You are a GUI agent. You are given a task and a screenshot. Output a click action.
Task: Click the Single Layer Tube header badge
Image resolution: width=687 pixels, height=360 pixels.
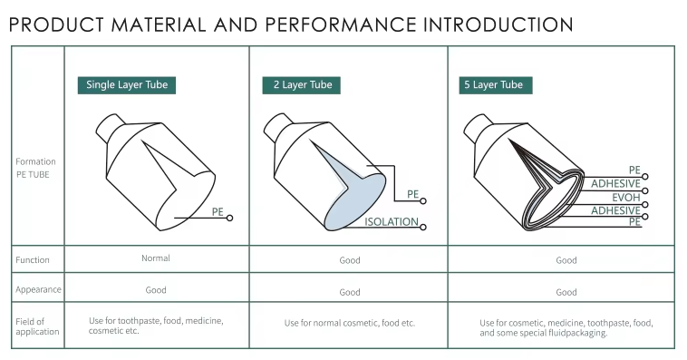tap(127, 85)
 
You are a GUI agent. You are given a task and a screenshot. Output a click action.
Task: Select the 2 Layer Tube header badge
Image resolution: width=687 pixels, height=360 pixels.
tap(302, 85)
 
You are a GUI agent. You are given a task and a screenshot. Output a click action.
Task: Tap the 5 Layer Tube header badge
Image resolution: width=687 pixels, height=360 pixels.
tap(496, 85)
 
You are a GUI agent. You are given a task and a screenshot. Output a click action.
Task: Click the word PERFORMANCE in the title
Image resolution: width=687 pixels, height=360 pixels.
tap(341, 25)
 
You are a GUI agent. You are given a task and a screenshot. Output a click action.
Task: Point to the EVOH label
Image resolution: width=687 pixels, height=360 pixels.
tap(626, 198)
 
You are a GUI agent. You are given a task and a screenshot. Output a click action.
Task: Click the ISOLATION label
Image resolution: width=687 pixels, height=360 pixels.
tap(392, 222)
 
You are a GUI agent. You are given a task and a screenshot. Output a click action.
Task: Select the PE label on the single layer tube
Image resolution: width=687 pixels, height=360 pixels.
tap(218, 212)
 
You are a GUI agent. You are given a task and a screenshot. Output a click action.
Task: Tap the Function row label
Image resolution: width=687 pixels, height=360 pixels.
tap(33, 260)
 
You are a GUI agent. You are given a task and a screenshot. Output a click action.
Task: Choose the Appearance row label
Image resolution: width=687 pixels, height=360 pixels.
tap(38, 289)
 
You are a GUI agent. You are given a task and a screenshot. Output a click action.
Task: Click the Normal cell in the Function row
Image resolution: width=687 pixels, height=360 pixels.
tap(156, 258)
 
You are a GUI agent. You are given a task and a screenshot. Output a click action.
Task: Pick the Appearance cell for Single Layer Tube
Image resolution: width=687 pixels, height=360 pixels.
tap(156, 290)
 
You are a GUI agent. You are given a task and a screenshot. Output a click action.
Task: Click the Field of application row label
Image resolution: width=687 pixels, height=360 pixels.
tap(37, 326)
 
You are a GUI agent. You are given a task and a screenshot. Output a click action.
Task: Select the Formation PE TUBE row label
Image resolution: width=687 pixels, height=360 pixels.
tap(35, 168)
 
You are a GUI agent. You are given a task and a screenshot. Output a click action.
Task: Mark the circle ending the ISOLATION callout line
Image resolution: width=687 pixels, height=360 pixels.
tap(422, 227)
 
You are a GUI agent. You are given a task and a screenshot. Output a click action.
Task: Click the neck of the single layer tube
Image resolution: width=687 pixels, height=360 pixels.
tap(110, 127)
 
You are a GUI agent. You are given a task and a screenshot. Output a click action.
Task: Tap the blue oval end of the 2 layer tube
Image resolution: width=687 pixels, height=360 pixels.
tap(356, 202)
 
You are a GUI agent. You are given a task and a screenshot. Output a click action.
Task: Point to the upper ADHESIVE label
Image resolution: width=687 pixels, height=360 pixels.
tap(615, 184)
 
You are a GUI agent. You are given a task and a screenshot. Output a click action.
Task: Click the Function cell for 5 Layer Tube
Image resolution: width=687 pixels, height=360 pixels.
tap(566, 260)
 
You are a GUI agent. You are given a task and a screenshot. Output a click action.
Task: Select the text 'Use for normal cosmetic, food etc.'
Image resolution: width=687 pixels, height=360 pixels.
tap(350, 323)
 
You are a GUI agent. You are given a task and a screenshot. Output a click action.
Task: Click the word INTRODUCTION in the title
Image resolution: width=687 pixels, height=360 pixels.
tap(498, 25)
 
